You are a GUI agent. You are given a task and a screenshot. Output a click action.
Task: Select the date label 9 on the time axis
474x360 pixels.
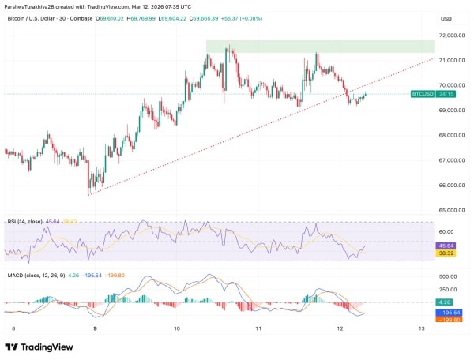95,328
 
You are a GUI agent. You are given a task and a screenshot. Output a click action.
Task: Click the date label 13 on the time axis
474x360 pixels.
421,328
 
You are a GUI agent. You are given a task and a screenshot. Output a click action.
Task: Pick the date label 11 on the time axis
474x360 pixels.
258,328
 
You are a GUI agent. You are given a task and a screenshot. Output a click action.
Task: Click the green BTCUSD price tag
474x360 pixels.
423,93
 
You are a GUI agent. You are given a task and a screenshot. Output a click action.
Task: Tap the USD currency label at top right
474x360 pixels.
446,19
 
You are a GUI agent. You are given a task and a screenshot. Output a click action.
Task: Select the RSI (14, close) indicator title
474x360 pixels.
25,223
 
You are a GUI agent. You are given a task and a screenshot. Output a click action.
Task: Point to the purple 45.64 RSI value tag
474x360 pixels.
446,246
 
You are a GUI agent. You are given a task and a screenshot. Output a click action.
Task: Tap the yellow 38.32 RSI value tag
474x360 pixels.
446,253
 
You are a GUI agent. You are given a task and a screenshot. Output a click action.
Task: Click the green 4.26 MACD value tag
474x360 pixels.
446,302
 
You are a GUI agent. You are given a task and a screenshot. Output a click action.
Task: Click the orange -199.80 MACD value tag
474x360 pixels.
447,320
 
